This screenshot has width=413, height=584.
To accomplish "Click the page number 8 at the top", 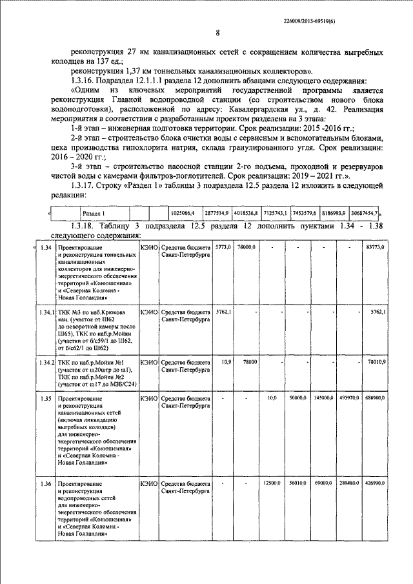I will pyautogui.click(x=217, y=34).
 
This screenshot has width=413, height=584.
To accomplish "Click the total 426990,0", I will pyautogui.click(x=374, y=483).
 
